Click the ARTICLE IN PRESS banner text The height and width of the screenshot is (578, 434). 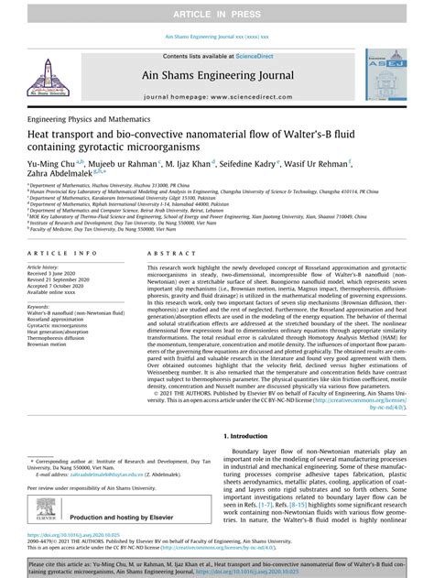click(216, 10)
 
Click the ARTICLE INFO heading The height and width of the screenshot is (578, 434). click(62, 251)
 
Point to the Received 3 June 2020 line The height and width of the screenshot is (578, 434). click(61, 273)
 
